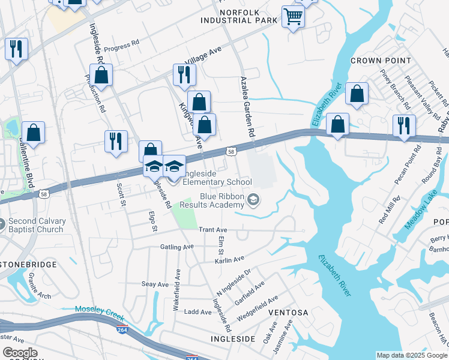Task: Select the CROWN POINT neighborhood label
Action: click(x=381, y=61)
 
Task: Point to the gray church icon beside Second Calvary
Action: click(x=2, y=224)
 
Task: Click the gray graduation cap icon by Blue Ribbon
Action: click(x=254, y=199)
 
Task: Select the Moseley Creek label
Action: click(x=99, y=309)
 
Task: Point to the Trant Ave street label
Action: click(x=212, y=229)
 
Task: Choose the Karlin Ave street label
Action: click(x=230, y=259)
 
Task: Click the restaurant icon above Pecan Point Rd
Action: click(x=404, y=125)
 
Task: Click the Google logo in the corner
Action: click(x=20, y=353)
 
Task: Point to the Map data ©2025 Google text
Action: click(x=412, y=355)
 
